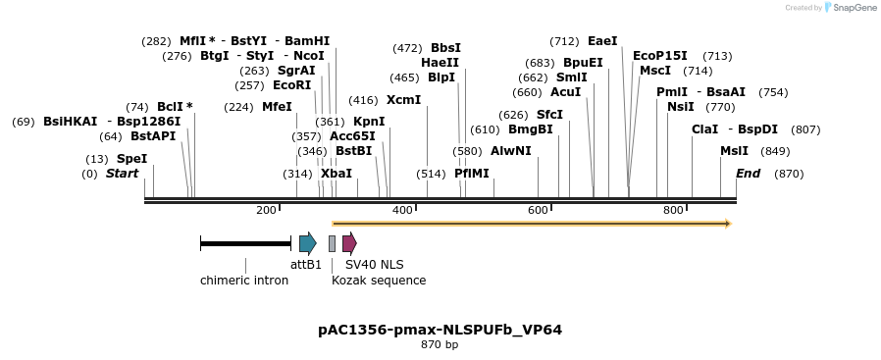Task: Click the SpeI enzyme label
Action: coord(131,159)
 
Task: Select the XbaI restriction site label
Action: coord(337,174)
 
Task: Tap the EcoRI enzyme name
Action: coord(292,85)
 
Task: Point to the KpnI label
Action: coord(369,122)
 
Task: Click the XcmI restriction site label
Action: coord(403,100)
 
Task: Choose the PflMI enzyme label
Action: coord(471,174)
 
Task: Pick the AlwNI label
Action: coord(510,151)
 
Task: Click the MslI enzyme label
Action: coord(734,151)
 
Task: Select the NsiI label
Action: coord(680,107)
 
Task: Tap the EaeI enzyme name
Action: coord(602,41)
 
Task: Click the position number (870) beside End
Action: coord(789,174)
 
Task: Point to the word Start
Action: coord(123,174)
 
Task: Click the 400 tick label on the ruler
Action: coord(401,211)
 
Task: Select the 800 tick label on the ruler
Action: coord(673,211)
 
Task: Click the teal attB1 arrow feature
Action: coord(307,243)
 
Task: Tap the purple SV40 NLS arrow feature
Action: coord(349,243)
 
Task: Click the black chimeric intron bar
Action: coord(245,243)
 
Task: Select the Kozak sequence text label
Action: coord(379,281)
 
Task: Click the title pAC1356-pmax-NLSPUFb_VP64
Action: coord(440,330)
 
